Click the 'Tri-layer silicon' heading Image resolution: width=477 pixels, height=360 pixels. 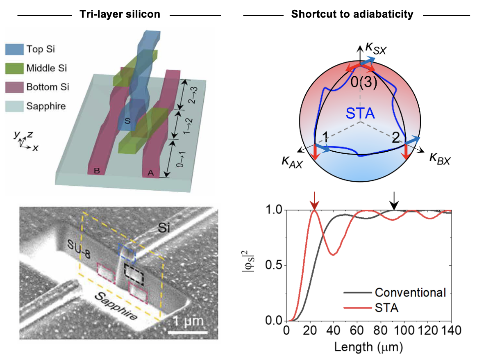119,14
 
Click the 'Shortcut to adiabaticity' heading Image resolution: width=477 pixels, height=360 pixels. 352,14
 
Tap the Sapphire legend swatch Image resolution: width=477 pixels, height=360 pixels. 14,106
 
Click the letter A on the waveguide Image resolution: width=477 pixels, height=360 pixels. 150,173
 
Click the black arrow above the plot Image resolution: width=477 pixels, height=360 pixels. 394,200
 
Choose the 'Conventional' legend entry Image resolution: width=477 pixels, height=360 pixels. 410,292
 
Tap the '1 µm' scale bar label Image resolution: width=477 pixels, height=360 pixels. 187,320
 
